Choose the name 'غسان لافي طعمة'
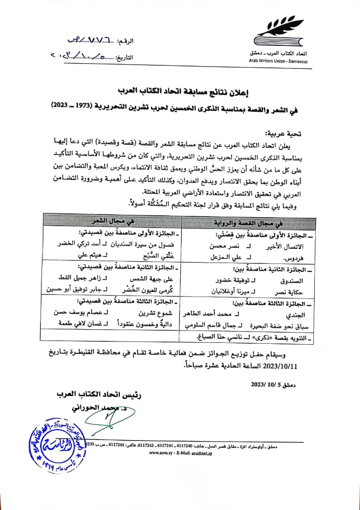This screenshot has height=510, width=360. pos(73,323)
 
